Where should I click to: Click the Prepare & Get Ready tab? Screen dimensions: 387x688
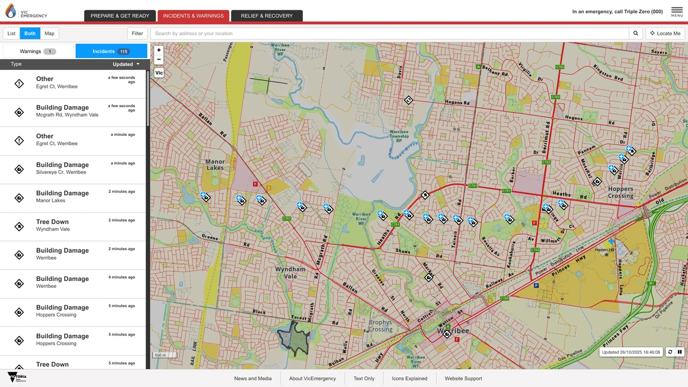coord(120,16)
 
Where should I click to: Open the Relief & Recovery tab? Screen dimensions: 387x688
coord(267,16)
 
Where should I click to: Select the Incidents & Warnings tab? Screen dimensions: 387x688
coord(193,16)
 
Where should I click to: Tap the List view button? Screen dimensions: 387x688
coord(11,33)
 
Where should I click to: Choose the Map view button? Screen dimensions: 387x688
coord(49,33)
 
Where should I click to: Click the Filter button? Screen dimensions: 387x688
coord(138,33)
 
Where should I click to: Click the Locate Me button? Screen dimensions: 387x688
coord(665,33)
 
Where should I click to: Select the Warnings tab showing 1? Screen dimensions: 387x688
coord(38,52)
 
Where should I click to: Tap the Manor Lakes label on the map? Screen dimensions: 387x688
coord(215,165)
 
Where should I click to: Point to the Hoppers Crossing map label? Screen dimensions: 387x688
coord(620,192)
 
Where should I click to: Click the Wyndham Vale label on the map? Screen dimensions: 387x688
coord(290,272)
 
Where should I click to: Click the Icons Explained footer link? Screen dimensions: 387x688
coord(409,378)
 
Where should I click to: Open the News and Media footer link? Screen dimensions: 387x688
coord(253,378)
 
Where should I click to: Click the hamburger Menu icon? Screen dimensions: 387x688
coord(677,11)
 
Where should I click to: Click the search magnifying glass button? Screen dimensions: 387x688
coord(636,33)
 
